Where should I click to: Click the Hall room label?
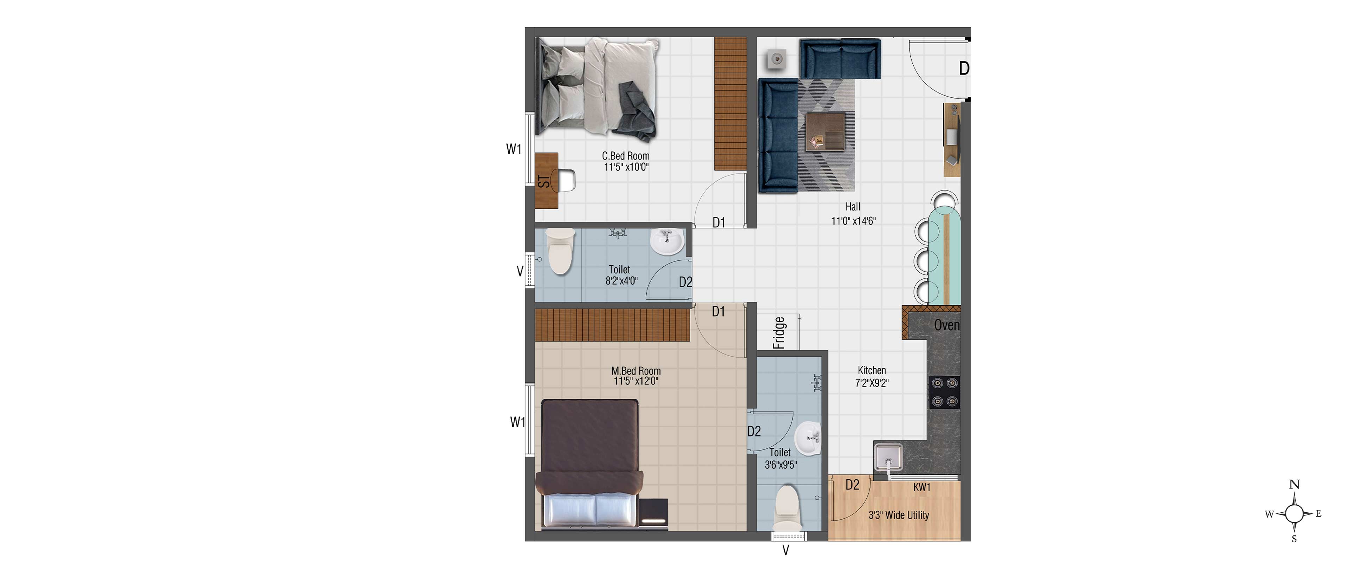point(853,207)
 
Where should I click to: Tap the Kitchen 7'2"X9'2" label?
point(872,377)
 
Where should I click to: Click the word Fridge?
point(779,333)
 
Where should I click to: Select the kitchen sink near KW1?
point(888,457)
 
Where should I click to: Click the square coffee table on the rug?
point(825,131)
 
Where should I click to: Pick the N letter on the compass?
point(1294,484)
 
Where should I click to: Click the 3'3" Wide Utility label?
point(899,515)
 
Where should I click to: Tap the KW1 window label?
point(922,487)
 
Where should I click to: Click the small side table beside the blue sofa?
point(776,59)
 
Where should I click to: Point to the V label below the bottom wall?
point(786,550)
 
